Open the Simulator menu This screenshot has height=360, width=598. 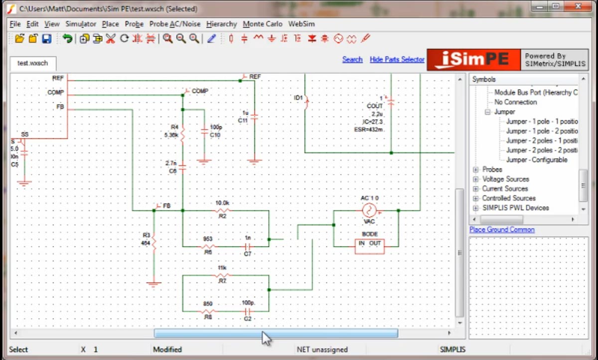click(x=81, y=24)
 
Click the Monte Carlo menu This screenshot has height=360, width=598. click(x=262, y=24)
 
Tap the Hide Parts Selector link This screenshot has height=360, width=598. click(x=397, y=59)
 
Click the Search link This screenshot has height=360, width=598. click(x=352, y=59)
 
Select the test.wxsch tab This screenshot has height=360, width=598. click(x=32, y=63)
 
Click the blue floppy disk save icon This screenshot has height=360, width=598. click(x=46, y=38)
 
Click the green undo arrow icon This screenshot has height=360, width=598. click(x=67, y=38)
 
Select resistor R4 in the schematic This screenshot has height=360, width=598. click(x=182, y=134)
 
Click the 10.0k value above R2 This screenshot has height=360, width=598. click(x=222, y=203)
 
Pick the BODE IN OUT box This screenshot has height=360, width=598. click(x=369, y=246)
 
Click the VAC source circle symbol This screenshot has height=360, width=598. click(x=369, y=210)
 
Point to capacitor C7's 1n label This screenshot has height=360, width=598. click(x=247, y=239)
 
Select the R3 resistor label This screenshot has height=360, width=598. click(x=146, y=235)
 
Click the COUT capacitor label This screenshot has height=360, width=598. click(x=375, y=106)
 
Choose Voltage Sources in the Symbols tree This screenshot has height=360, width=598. click(x=505, y=179)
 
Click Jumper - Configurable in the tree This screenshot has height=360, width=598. click(x=537, y=160)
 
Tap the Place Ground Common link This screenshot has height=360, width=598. click(x=502, y=230)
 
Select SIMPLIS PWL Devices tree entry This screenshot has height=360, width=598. click(x=515, y=208)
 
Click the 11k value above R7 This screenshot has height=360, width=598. click(x=222, y=268)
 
